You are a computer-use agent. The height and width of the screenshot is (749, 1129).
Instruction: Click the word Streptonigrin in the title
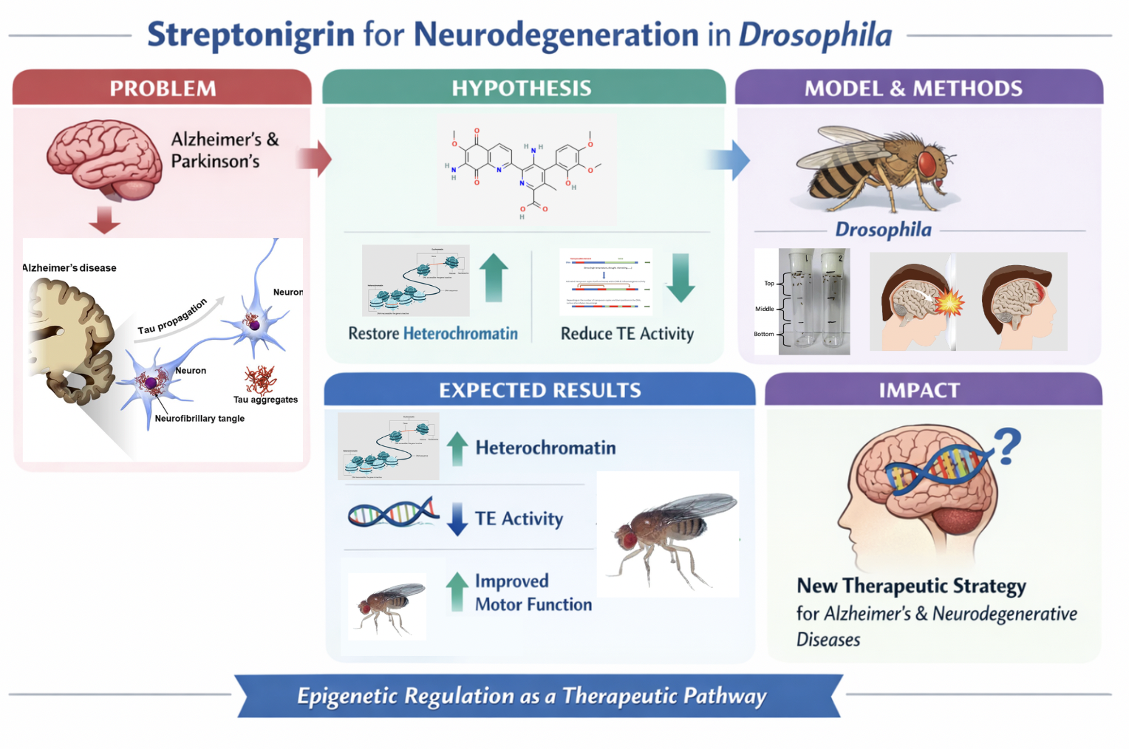[x=250, y=35]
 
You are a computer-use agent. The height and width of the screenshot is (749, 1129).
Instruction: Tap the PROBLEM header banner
[x=163, y=89]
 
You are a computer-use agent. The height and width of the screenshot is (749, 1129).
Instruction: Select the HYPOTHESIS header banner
[x=522, y=89]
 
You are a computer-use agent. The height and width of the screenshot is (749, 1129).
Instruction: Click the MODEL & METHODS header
[x=913, y=89]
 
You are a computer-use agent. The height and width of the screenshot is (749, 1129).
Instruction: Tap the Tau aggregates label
[x=265, y=400]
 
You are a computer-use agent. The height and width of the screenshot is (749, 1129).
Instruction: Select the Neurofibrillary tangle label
[x=199, y=418]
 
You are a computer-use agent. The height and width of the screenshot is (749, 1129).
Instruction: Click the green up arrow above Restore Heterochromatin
[x=494, y=278]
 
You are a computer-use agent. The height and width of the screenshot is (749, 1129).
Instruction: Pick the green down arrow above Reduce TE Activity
[x=680, y=278]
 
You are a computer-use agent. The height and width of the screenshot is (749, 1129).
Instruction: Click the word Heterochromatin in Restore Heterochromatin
[x=460, y=334]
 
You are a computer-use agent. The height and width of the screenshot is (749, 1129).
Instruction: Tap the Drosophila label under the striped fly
[x=883, y=230]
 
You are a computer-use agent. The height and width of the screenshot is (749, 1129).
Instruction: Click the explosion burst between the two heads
[x=950, y=301]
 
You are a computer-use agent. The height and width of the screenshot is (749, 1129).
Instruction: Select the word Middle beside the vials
[x=765, y=309]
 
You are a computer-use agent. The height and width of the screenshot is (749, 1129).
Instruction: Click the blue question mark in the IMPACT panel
[x=1007, y=445]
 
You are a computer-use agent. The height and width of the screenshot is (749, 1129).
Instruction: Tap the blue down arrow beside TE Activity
[x=457, y=519]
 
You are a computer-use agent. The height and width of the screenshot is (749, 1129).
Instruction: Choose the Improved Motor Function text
[x=533, y=592]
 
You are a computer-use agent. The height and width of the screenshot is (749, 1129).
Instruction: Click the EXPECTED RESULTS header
[x=540, y=390]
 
